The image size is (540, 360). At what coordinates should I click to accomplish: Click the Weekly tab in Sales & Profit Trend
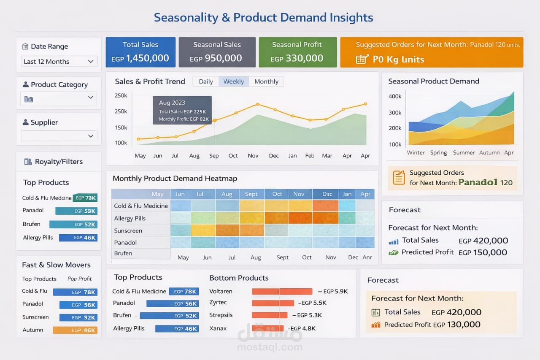pyautogui.click(x=234, y=81)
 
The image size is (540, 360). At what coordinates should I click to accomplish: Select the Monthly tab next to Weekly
pyautogui.click(x=266, y=81)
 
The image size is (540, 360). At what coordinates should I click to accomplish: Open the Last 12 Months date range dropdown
pyautogui.click(x=59, y=62)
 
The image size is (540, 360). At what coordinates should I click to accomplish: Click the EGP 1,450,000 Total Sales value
pyautogui.click(x=140, y=58)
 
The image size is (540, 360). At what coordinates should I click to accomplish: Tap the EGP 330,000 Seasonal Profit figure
pyautogui.click(x=297, y=58)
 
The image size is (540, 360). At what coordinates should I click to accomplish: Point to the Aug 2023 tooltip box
pyautogui.click(x=182, y=110)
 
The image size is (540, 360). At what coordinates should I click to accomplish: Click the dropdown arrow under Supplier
pyautogui.click(x=91, y=136)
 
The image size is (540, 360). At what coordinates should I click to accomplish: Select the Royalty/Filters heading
pyautogui.click(x=59, y=162)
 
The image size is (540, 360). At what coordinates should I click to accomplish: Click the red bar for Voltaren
pyautogui.click(x=282, y=292)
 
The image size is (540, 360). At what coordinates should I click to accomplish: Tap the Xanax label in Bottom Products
pyautogui.click(x=218, y=328)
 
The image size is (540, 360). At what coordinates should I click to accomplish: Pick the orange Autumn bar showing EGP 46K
pyautogui.click(x=75, y=330)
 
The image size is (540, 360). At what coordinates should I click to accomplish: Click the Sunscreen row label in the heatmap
pyautogui.click(x=128, y=231)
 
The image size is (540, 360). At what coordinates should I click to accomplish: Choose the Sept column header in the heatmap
pyautogui.click(x=251, y=194)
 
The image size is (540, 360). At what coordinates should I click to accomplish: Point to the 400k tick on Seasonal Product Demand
pyautogui.click(x=395, y=97)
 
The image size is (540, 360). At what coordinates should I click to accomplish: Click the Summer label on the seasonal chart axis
pyautogui.click(x=464, y=153)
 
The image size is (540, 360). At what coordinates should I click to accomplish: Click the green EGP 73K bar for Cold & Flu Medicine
pyautogui.click(x=85, y=198)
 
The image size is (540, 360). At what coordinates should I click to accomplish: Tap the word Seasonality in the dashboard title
pyautogui.click(x=186, y=18)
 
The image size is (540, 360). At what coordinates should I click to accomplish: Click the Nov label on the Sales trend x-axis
pyautogui.click(x=253, y=156)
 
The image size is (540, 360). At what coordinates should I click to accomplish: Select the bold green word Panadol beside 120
pyautogui.click(x=478, y=182)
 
